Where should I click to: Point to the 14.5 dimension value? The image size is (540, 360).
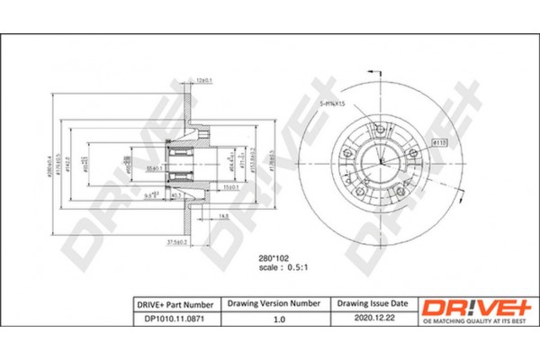[222, 215]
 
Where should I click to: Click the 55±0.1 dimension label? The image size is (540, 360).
[148, 167]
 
